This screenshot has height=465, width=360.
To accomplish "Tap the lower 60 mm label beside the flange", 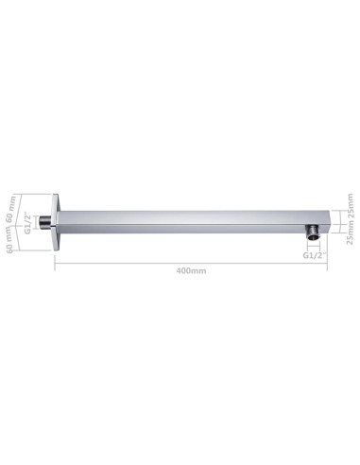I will tap(12, 241).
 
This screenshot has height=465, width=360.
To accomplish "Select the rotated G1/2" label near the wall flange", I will tap(29, 223).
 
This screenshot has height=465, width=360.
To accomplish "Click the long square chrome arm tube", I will tap(189, 220).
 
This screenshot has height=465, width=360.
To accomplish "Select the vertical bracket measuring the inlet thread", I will tap(39, 223).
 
